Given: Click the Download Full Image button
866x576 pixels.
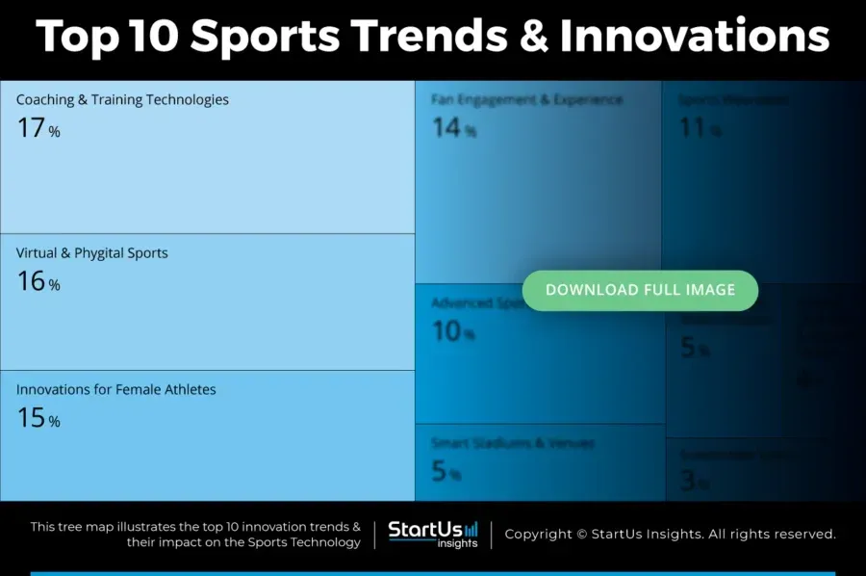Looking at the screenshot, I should click(x=640, y=290).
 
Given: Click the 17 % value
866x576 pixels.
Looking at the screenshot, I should click(x=38, y=128).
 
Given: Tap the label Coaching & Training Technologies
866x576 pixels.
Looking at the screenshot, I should click(x=122, y=99).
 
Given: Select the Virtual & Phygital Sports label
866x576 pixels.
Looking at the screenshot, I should click(x=91, y=253).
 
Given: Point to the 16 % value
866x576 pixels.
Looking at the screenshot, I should click(x=38, y=281).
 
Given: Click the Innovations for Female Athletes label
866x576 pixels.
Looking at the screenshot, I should click(x=115, y=390).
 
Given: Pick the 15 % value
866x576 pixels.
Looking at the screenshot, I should click(x=38, y=418).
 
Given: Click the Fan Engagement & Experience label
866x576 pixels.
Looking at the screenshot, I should click(x=526, y=99).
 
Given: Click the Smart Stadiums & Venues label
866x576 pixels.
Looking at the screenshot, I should click(x=512, y=444).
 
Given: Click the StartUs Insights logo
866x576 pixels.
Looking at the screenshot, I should click(x=432, y=535).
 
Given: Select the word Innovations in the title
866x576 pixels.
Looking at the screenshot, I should click(x=694, y=37).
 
